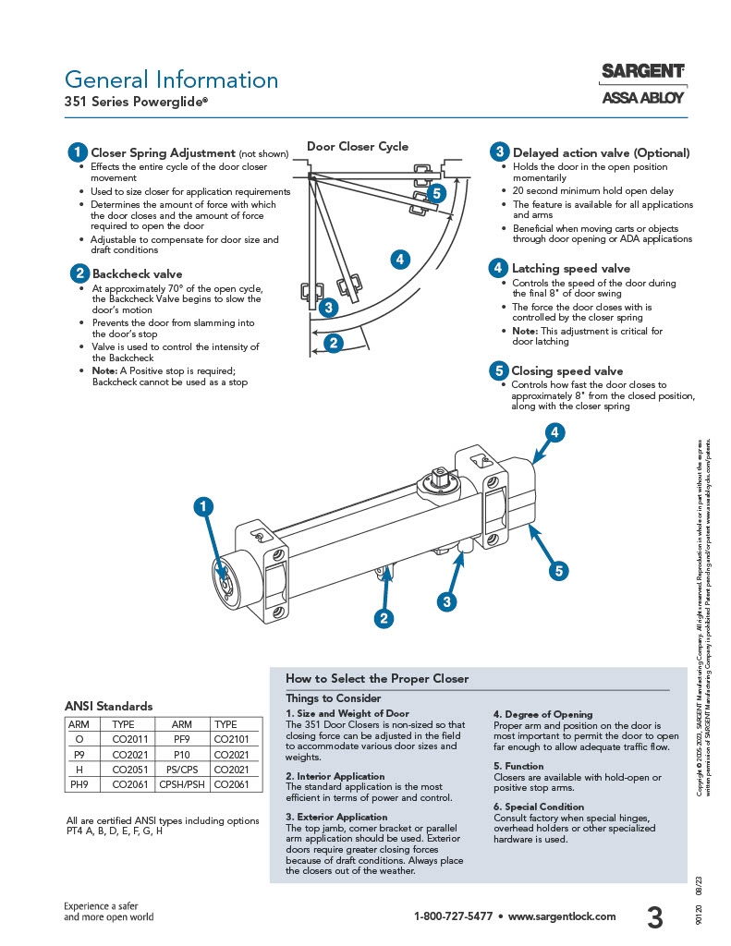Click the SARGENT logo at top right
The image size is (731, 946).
point(643,71)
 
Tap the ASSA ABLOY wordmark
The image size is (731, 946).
point(643,97)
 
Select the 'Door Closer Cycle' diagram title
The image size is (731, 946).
point(357,147)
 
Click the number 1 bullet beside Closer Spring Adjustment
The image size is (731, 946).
point(79,152)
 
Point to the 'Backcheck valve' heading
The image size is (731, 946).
point(137,273)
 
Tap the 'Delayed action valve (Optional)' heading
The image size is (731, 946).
point(601,152)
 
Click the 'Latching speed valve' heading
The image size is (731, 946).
point(570,269)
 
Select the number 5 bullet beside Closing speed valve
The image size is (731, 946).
point(498,371)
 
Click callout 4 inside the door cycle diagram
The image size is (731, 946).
point(399,260)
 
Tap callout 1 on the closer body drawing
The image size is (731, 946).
point(202,506)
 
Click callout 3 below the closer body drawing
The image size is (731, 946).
point(446,601)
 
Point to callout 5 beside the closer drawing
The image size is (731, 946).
point(558,571)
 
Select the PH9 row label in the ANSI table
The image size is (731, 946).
point(79,783)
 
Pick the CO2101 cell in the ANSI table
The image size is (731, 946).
point(232,741)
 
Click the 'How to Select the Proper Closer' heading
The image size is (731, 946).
point(377,678)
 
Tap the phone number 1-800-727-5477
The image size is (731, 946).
point(452,916)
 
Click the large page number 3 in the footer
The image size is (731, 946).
point(654,917)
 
